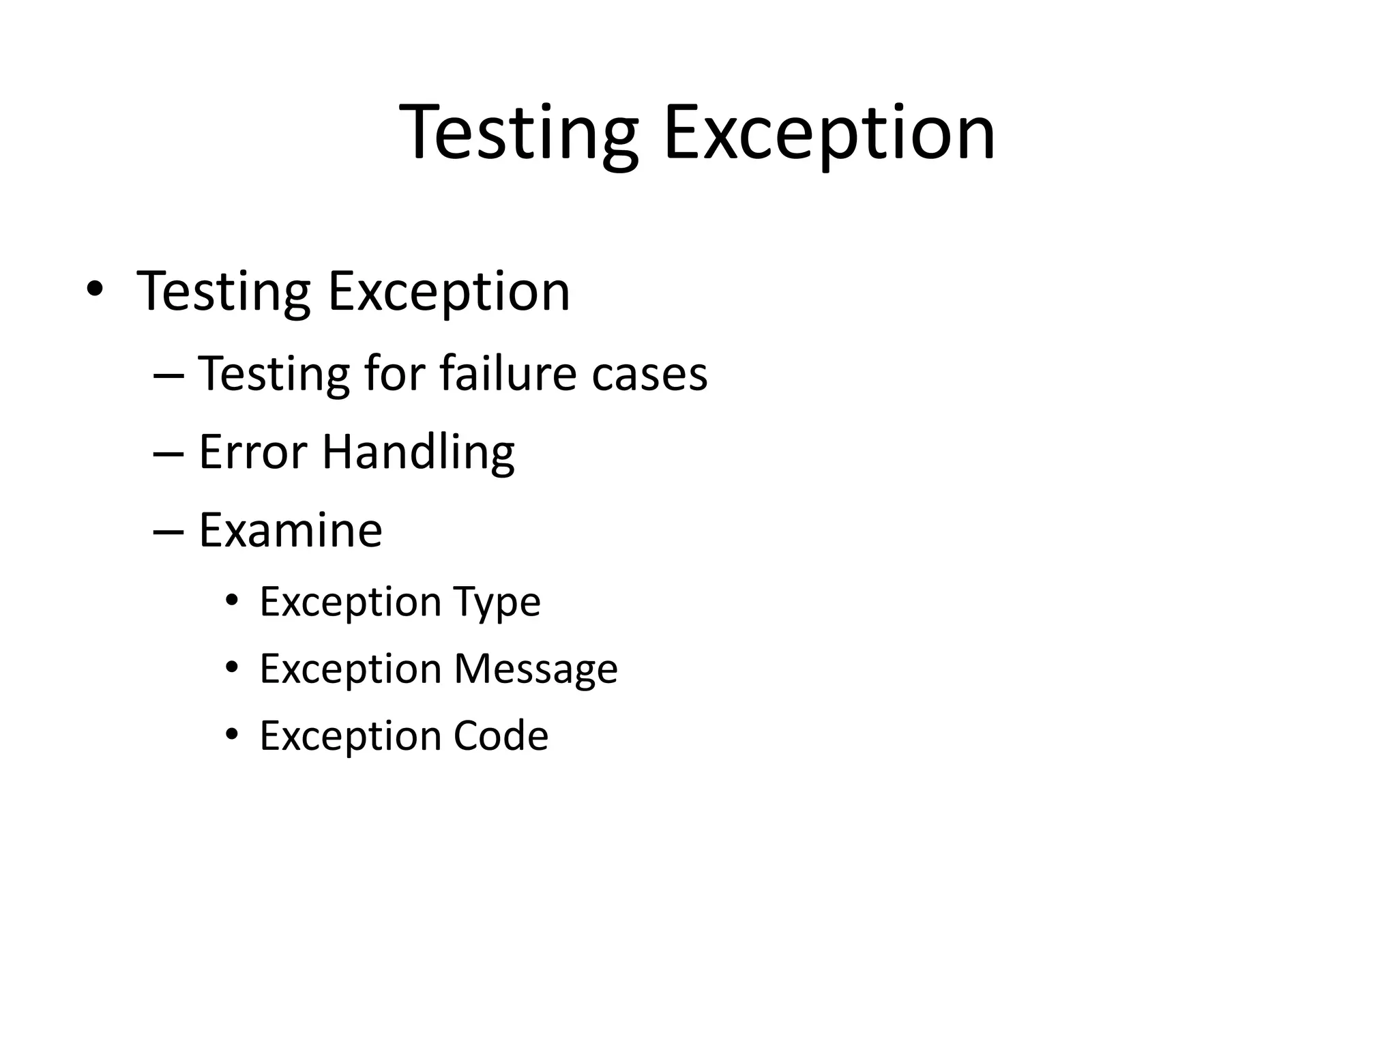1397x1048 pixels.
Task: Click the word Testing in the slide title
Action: point(518,133)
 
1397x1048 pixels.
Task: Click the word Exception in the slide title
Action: point(829,133)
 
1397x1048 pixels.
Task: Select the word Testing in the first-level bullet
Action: point(224,292)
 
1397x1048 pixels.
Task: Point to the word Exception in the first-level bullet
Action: point(448,292)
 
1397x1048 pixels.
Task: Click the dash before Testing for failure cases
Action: point(168,375)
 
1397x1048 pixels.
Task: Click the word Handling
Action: point(418,453)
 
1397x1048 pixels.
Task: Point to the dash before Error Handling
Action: point(168,453)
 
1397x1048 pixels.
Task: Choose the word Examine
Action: point(290,530)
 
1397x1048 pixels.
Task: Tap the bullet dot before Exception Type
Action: point(232,601)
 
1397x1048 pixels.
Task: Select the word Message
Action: point(535,669)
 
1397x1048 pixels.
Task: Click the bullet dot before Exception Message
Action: point(232,668)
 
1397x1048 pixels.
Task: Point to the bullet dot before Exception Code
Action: point(232,735)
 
